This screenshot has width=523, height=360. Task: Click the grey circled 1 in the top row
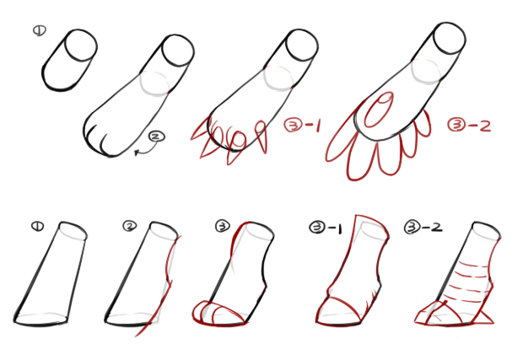[40, 30]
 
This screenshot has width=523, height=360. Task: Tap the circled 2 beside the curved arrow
[156, 137]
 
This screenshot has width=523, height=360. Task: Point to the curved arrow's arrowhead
[137, 153]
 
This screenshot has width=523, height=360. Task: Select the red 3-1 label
[302, 125]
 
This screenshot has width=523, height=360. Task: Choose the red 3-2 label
[469, 126]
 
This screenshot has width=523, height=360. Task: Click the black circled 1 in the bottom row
[37, 226]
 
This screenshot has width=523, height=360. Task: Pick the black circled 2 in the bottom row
[130, 226]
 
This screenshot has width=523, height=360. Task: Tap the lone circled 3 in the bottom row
[223, 226]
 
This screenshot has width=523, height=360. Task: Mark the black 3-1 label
[326, 228]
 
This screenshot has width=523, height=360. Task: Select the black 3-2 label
[423, 228]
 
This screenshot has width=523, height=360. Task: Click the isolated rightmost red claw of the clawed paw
[261, 137]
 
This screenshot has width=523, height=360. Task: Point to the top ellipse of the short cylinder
[81, 46]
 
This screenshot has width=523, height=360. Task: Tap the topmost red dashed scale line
[474, 266]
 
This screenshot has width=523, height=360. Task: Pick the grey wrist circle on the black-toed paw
[154, 83]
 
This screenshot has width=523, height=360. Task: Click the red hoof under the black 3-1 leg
[337, 312]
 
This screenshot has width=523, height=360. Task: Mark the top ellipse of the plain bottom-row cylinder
[73, 230]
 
